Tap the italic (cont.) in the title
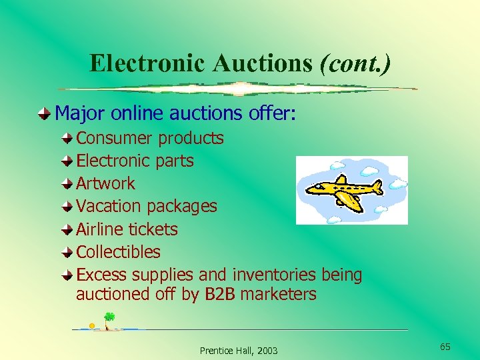click(355, 63)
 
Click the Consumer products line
click(150, 139)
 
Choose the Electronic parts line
click(135, 161)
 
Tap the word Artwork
click(105, 184)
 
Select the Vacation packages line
click(147, 207)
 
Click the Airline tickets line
click(127, 229)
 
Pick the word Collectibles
click(119, 252)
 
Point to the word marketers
click(278, 295)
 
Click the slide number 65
click(445, 347)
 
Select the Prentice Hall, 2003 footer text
click(239, 351)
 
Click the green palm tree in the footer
click(109, 318)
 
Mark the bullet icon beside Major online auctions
click(44, 114)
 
